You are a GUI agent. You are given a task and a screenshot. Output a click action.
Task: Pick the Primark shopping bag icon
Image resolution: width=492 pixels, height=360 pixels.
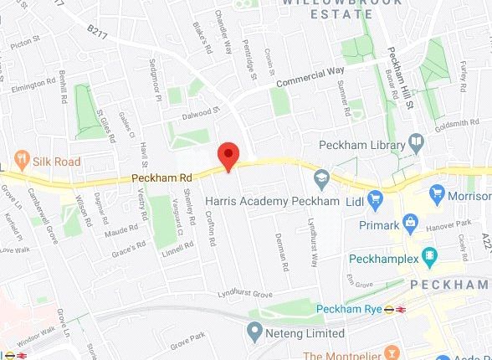pyautogui.click(x=410, y=222)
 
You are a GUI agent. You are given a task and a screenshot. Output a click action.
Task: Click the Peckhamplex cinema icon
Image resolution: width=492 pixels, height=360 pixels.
pyautogui.click(x=429, y=255)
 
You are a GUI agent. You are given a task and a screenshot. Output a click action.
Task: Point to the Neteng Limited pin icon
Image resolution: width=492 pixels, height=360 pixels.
pyautogui.click(x=254, y=332)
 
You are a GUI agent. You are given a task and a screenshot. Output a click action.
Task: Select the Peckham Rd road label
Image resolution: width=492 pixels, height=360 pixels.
pyautogui.click(x=154, y=178)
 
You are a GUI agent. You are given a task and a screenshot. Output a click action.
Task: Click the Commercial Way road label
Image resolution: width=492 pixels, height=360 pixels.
pyautogui.click(x=310, y=76)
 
